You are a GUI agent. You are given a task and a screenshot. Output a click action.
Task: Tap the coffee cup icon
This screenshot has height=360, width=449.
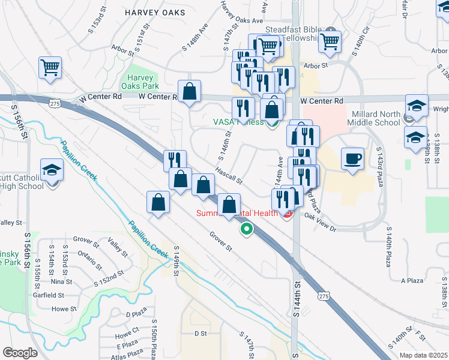353,159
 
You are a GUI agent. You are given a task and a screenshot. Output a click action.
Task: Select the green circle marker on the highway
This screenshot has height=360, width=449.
246,229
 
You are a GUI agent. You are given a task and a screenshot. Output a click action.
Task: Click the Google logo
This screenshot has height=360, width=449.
19,353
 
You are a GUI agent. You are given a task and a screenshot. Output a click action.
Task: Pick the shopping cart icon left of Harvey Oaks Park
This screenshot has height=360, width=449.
50,67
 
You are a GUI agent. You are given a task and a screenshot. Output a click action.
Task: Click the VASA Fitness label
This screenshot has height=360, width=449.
238,122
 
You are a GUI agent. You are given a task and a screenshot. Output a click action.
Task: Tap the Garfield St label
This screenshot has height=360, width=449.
49,295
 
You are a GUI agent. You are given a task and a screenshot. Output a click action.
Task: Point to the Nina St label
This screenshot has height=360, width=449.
61,281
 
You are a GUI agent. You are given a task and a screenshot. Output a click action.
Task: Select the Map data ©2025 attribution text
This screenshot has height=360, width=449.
423,355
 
